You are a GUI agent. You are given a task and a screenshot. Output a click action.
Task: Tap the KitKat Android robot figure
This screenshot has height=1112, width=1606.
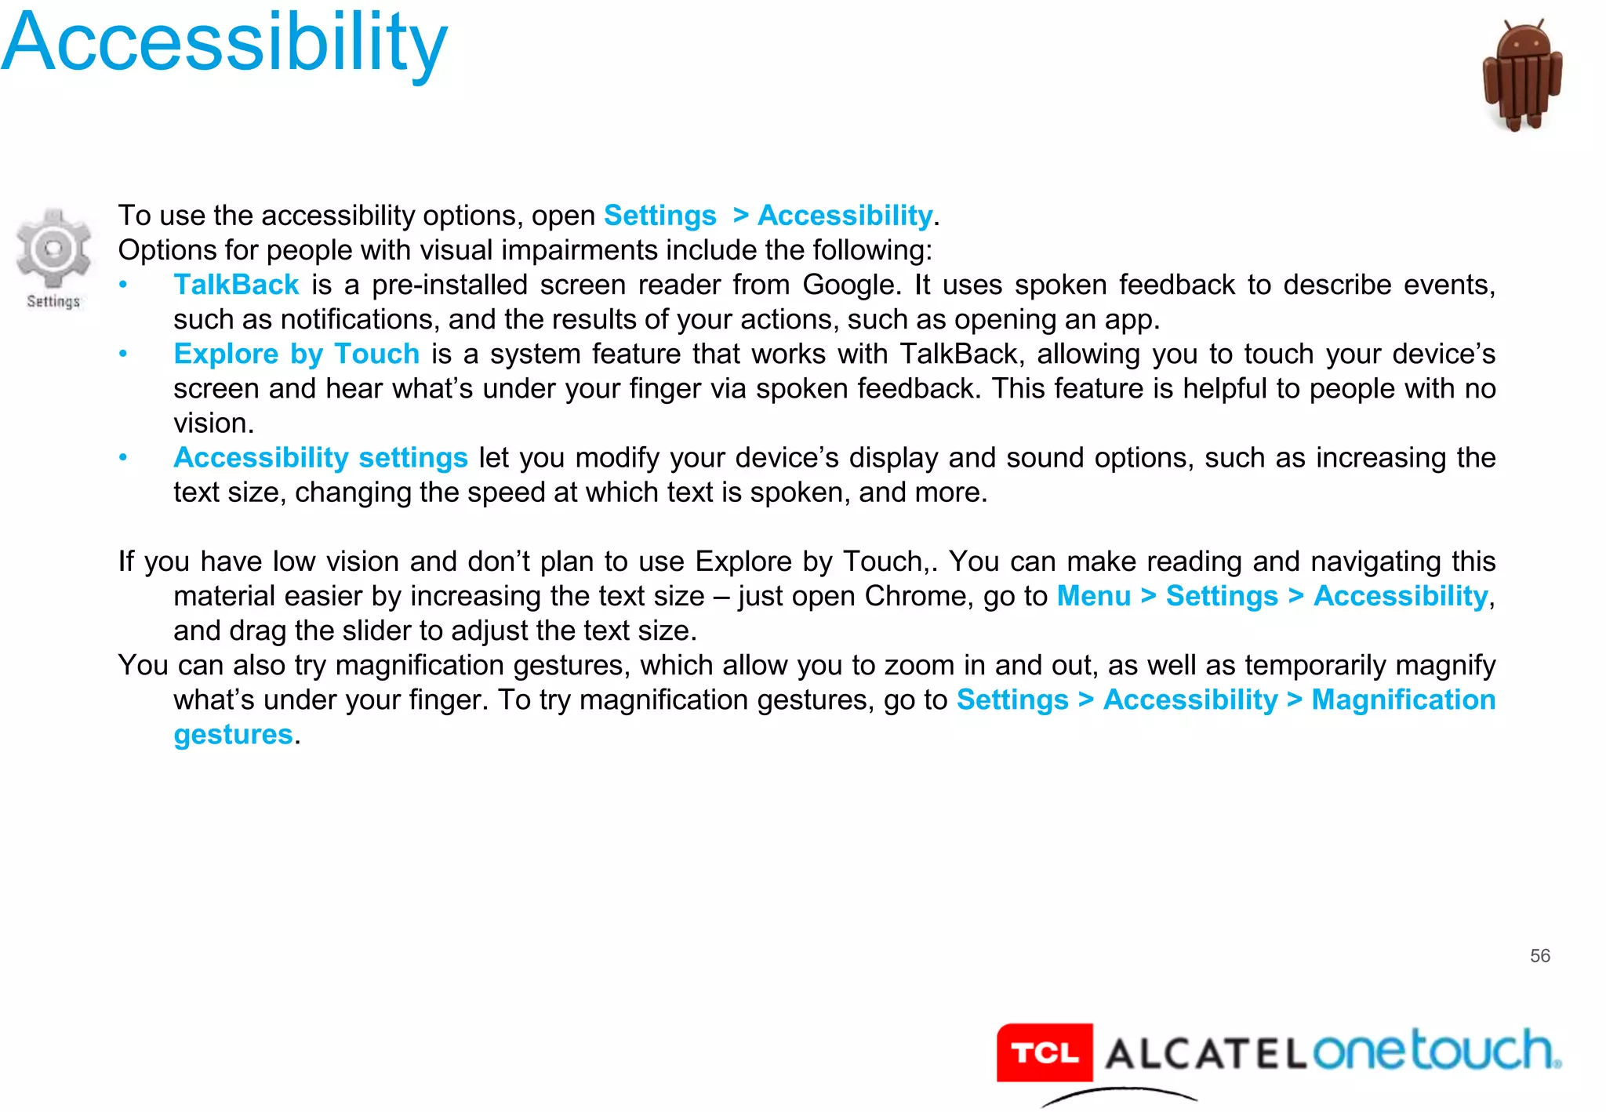[1522, 75]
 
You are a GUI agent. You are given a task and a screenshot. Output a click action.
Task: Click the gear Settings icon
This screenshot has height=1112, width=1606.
[53, 249]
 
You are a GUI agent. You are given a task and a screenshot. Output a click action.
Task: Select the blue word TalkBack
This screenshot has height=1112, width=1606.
[236, 285]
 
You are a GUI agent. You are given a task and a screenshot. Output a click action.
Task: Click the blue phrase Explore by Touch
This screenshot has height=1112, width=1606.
[296, 354]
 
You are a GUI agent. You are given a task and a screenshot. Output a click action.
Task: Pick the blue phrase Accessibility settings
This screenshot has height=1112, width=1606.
[320, 457]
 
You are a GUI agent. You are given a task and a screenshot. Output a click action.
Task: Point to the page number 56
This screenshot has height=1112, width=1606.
[1539, 955]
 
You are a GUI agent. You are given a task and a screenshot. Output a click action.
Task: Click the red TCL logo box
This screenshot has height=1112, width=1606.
[1044, 1052]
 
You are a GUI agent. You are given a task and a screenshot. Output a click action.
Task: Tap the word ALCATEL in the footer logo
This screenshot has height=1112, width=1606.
[1204, 1053]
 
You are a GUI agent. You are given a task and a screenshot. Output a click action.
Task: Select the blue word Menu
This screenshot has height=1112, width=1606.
[1093, 596]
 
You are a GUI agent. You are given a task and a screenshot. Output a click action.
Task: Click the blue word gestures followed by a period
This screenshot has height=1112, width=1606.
[233, 735]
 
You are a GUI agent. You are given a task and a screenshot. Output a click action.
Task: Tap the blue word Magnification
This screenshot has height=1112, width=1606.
[1403, 700]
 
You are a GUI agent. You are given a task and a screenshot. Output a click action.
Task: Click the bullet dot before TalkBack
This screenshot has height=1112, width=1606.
[123, 285]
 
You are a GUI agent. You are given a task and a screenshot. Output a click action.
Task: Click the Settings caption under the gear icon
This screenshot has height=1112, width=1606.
[53, 301]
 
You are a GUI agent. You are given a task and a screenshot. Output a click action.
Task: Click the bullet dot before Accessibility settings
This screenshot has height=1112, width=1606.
[123, 457]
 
